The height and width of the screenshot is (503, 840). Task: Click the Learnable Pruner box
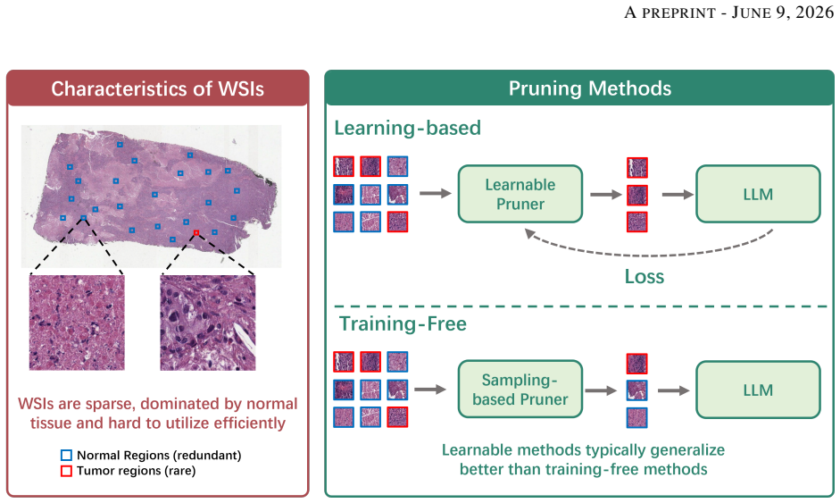[x=520, y=194]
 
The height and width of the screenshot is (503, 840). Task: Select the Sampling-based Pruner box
[x=520, y=390]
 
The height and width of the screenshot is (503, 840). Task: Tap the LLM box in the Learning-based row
[x=758, y=194]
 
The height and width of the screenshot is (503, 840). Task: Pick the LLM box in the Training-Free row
[x=758, y=390]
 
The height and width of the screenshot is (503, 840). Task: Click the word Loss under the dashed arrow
[x=644, y=277]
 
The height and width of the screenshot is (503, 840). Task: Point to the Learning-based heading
[x=408, y=128]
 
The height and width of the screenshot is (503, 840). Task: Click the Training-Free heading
[x=403, y=324]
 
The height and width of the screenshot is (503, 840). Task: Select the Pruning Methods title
[x=590, y=88]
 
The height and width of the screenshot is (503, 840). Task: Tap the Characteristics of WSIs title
[x=157, y=88]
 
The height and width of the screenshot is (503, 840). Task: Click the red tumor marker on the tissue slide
[x=196, y=232]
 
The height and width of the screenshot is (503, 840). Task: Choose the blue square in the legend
[x=66, y=456]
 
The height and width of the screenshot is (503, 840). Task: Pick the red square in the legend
[x=66, y=471]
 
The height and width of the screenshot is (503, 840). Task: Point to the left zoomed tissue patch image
[x=77, y=323]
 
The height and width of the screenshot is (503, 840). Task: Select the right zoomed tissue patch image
[x=208, y=323]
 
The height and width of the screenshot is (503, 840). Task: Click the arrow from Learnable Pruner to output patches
[x=606, y=194]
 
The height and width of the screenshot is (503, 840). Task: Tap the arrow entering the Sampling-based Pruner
[x=430, y=390]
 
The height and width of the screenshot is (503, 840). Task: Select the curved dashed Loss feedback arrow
[x=647, y=255]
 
